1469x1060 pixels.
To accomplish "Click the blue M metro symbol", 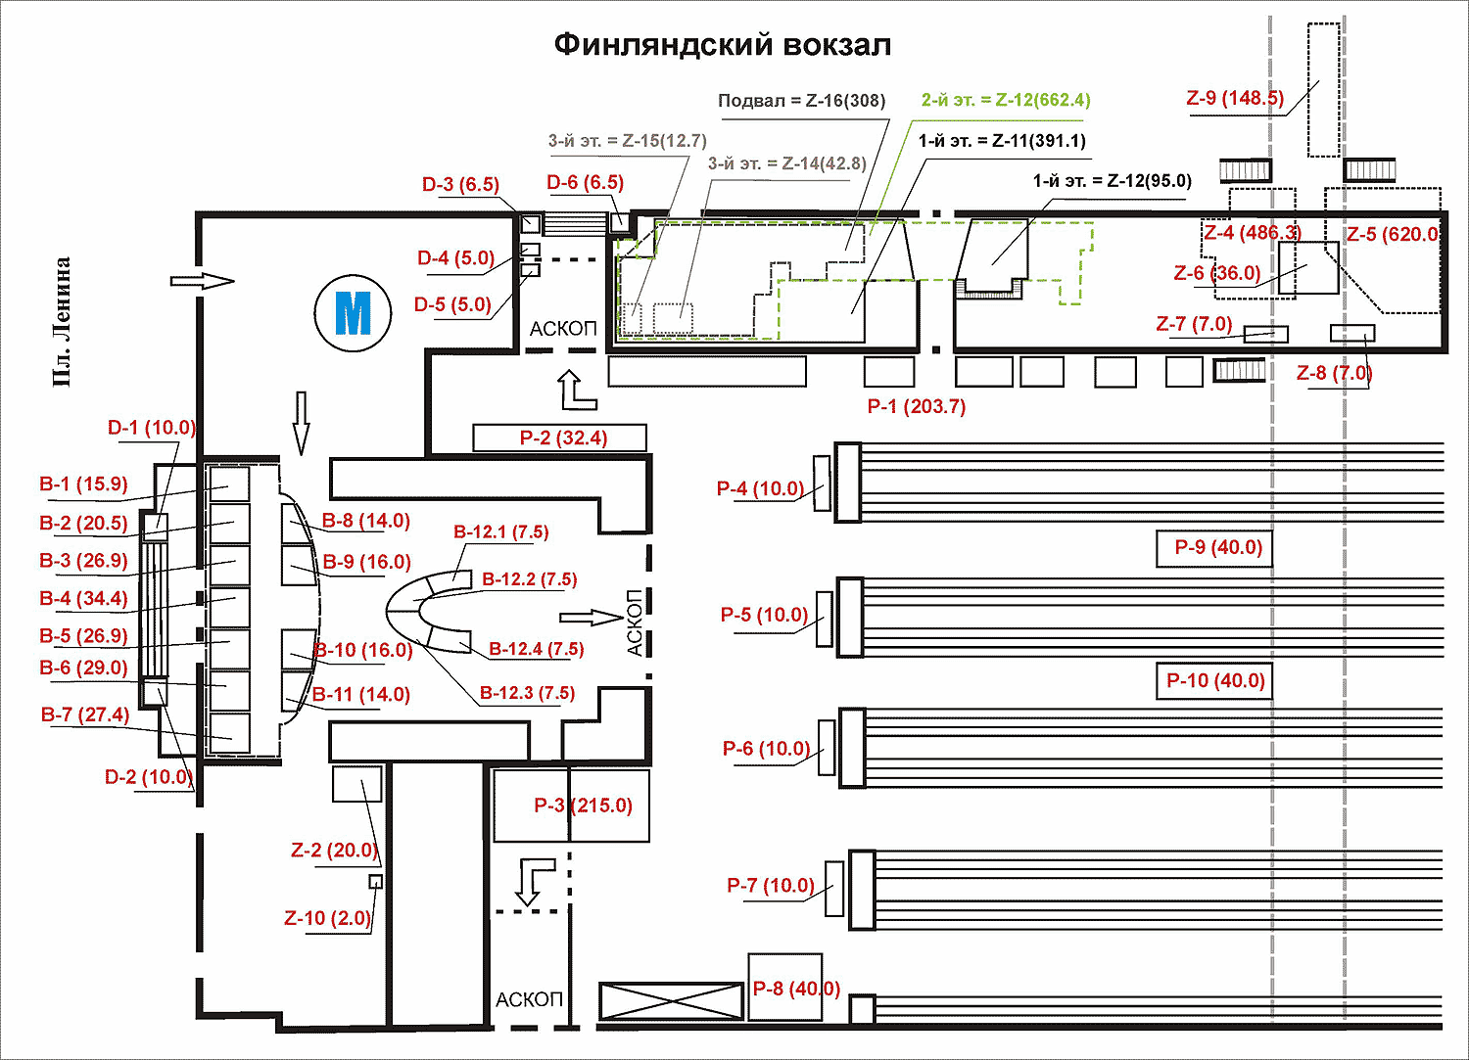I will click(x=353, y=313).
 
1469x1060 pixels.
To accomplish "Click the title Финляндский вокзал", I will click(x=723, y=45).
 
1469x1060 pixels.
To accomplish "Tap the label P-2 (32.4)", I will click(x=563, y=438).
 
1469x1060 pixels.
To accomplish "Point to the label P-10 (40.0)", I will click(x=1215, y=680).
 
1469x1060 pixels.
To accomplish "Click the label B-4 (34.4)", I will click(x=83, y=598).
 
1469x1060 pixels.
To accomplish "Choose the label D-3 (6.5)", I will click(x=460, y=184).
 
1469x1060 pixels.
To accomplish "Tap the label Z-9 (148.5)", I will click(x=1234, y=98).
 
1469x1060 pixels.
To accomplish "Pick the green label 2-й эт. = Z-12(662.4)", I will click(x=1006, y=100).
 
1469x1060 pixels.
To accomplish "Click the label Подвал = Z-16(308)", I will click(x=801, y=101).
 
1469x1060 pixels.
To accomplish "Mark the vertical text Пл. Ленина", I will click(x=63, y=322).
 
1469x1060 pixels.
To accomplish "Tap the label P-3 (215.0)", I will click(x=583, y=806).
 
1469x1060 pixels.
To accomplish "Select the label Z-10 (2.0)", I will click(x=327, y=918).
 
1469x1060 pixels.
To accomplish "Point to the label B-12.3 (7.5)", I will click(x=527, y=693).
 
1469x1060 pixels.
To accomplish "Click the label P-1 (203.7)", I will click(x=916, y=406).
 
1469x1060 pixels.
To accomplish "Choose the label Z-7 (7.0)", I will click(x=1194, y=324).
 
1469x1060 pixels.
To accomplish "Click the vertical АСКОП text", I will click(x=635, y=622).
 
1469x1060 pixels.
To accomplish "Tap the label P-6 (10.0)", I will click(x=767, y=749).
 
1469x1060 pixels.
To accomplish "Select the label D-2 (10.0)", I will click(x=147, y=777).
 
